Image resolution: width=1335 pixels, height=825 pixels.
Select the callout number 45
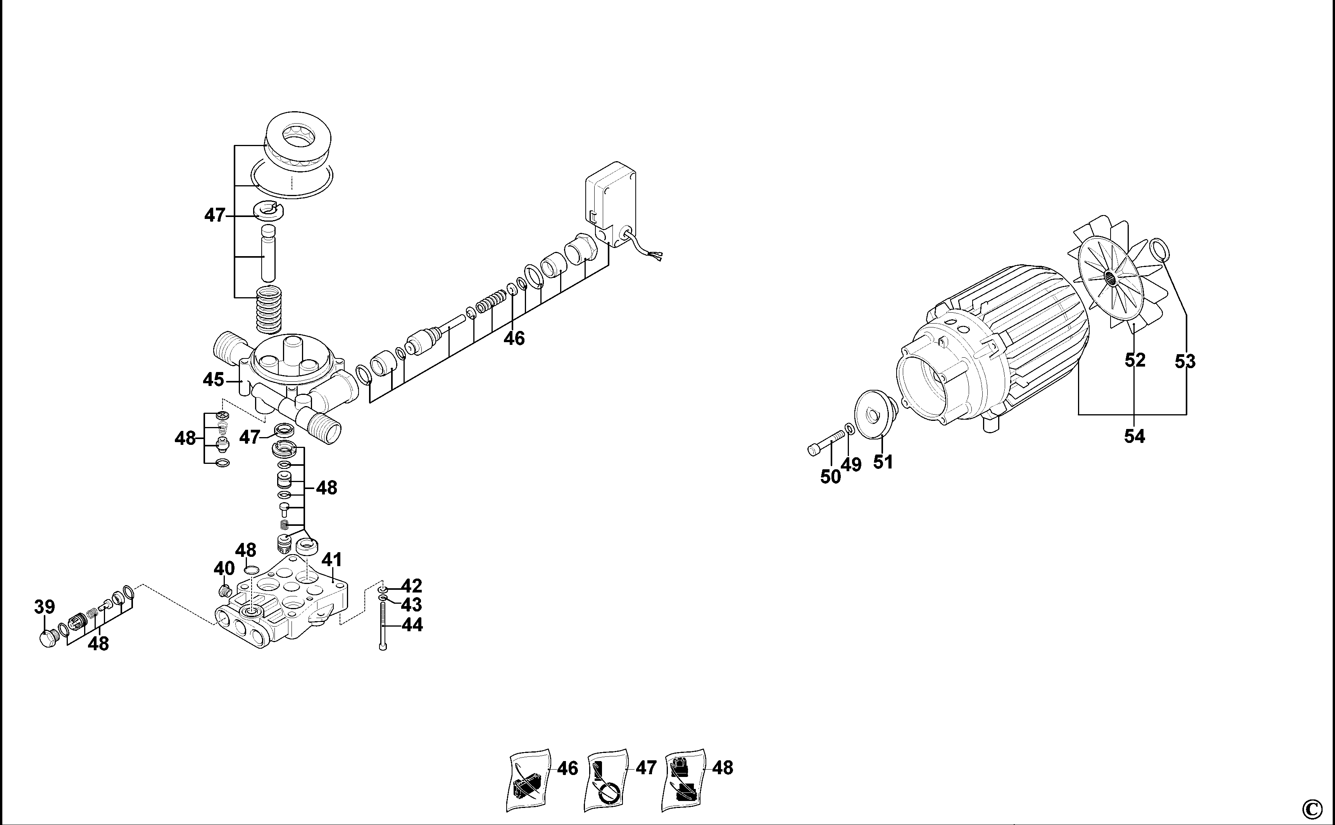pos(214,379)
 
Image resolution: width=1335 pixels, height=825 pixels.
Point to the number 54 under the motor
pos(1134,436)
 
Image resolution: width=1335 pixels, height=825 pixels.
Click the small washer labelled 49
pos(849,428)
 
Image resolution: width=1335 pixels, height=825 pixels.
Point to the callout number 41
pos(332,560)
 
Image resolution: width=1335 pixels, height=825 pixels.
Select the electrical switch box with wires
pos(611,205)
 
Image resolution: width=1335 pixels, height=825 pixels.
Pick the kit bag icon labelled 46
pos(528,781)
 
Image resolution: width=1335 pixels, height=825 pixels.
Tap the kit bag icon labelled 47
pos(607,781)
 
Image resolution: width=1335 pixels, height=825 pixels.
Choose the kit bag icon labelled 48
pos(683,781)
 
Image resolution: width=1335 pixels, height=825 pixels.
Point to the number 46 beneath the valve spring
pos(514,338)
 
